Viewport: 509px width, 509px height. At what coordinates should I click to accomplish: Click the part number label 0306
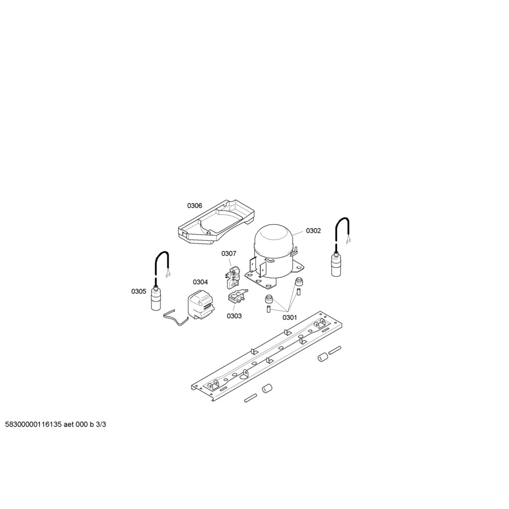tap(194, 205)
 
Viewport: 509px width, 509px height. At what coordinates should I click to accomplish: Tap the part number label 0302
tap(313, 231)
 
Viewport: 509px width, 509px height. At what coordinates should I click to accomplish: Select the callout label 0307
tap(229, 253)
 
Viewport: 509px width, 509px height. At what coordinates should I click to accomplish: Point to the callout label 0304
tap(200, 282)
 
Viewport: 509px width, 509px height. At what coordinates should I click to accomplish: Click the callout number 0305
tap(139, 291)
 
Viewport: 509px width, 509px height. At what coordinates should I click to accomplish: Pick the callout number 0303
tap(234, 316)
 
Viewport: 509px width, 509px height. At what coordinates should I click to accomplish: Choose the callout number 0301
tap(290, 318)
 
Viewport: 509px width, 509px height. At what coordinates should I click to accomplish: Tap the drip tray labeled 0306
tap(216, 223)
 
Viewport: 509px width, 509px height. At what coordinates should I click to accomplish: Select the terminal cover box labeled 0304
tap(200, 304)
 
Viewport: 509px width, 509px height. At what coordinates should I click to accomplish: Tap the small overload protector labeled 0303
tap(237, 297)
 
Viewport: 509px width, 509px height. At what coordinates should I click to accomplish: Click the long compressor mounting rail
tap(268, 356)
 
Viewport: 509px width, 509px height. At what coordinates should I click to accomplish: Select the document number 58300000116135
tap(33, 425)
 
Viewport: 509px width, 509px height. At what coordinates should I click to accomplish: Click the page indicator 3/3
tap(101, 425)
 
